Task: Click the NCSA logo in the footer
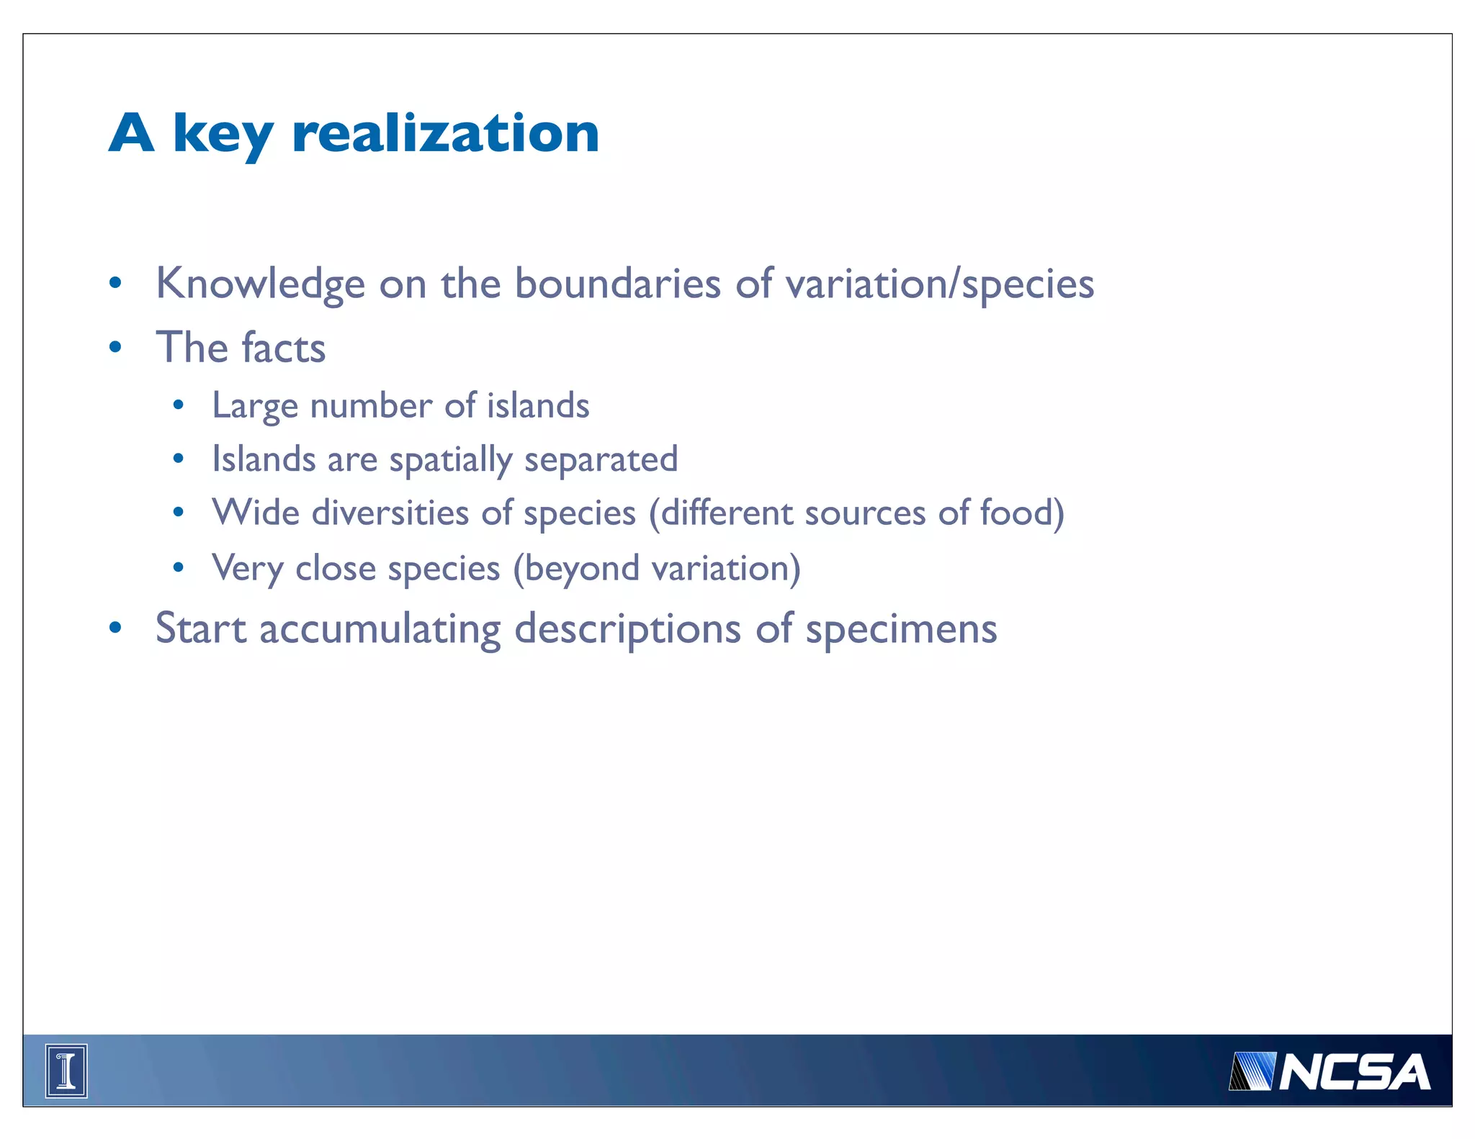(1329, 1072)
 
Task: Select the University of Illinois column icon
(66, 1071)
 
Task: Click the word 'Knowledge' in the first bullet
(260, 284)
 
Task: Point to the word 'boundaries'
(617, 284)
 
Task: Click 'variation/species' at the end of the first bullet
(939, 284)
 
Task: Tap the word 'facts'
(283, 348)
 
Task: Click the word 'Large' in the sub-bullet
(255, 406)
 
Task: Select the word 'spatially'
(450, 460)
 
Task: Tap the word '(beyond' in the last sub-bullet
(575, 569)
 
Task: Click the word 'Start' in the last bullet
(201, 629)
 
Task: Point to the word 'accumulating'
(380, 629)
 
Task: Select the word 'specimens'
(901, 629)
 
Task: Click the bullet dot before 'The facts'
(115, 348)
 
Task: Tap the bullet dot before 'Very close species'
(179, 568)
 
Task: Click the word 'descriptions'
(627, 629)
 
